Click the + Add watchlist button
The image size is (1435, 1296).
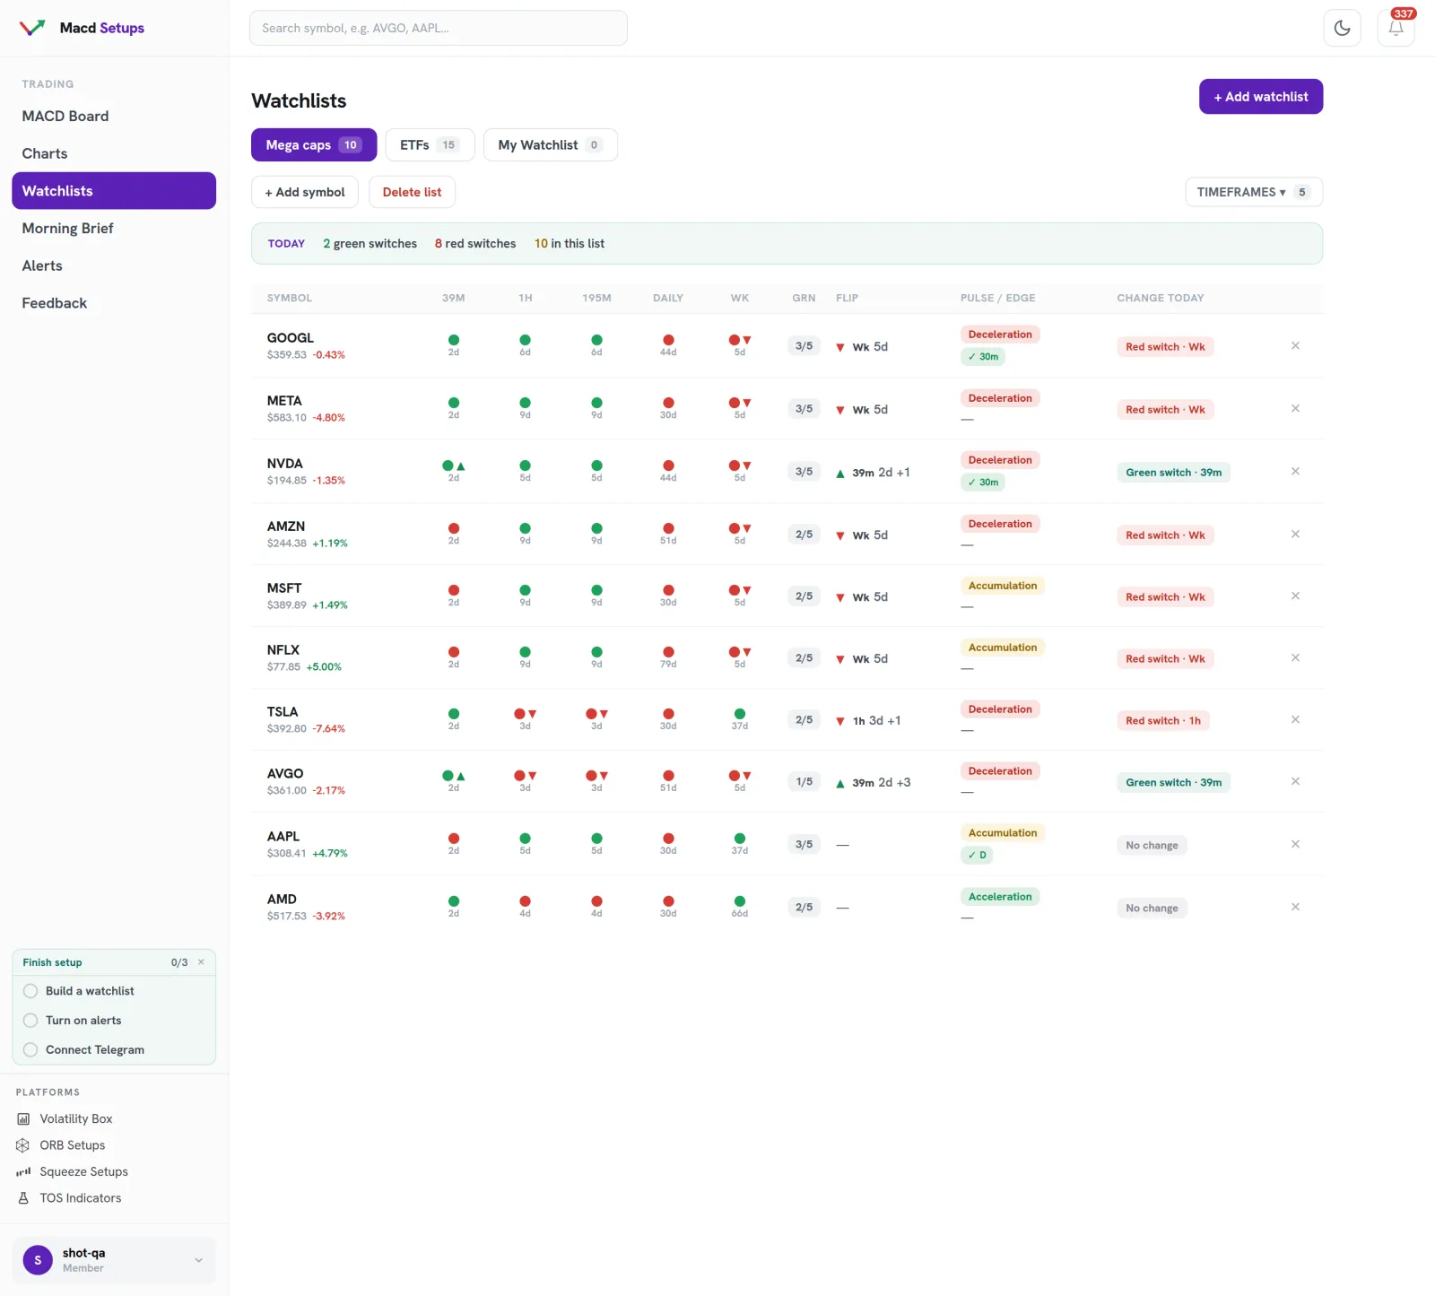pyautogui.click(x=1260, y=97)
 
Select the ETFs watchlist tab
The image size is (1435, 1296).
pyautogui.click(x=430, y=145)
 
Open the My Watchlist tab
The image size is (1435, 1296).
pyautogui.click(x=550, y=145)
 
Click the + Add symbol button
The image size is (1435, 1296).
pyautogui.click(x=304, y=192)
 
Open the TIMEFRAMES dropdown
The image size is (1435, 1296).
pyautogui.click(x=1254, y=192)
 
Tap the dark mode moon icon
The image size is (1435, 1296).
pyautogui.click(x=1342, y=28)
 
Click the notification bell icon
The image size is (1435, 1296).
pyautogui.click(x=1396, y=28)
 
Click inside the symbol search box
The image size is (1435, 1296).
pyautogui.click(x=438, y=28)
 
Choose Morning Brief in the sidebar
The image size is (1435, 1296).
pyautogui.click(x=68, y=229)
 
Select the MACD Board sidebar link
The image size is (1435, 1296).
pyautogui.click(x=65, y=117)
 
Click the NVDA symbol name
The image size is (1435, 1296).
pyautogui.click(x=284, y=464)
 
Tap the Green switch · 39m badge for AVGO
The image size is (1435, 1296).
pyautogui.click(x=1173, y=783)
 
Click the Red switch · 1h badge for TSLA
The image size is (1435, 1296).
pyautogui.click(x=1162, y=721)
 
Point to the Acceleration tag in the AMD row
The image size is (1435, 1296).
pyautogui.click(x=1000, y=897)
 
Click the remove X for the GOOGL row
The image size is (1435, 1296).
pyautogui.click(x=1295, y=345)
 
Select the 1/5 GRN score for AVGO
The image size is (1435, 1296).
pyautogui.click(x=804, y=782)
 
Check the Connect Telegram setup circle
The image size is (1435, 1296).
pyautogui.click(x=30, y=1050)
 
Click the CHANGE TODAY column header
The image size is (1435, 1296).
pyautogui.click(x=1160, y=298)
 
